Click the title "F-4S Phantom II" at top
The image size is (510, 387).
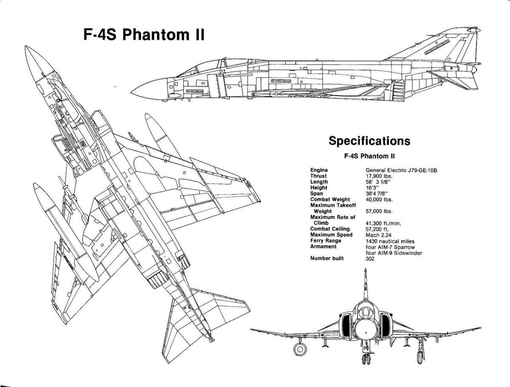144,34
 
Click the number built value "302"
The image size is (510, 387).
370,259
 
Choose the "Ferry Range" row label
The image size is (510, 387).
326,241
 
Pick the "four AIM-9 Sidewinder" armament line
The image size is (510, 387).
393,253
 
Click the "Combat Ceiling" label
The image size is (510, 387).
330,229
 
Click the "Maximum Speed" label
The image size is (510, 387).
331,235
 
